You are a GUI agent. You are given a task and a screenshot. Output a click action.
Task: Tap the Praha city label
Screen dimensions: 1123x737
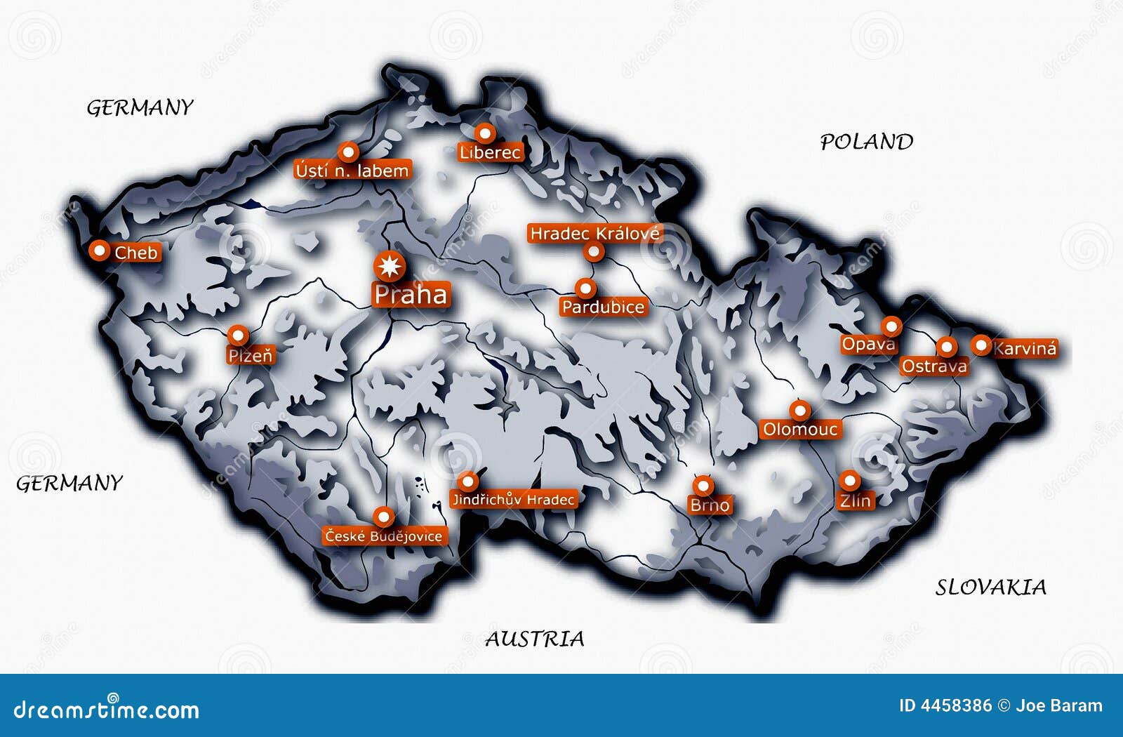click(411, 295)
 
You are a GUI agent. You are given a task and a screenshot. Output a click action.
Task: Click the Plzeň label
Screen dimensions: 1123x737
click(251, 356)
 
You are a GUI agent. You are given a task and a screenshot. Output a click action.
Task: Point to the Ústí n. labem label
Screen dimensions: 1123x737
click(352, 171)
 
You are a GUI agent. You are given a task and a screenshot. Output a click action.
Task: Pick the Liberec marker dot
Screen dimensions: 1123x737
click(484, 133)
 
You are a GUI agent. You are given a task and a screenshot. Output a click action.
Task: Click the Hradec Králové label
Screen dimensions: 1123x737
click(594, 233)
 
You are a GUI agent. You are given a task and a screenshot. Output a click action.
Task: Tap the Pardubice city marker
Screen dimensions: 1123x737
click(585, 288)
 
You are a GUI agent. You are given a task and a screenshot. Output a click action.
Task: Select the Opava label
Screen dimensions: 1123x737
click(868, 344)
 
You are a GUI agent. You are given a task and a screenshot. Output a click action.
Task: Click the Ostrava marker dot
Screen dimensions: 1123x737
click(946, 346)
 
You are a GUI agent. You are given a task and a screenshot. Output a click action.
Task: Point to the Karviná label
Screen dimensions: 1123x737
click(1025, 348)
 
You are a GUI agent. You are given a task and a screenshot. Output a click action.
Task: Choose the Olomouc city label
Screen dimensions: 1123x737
click(800, 429)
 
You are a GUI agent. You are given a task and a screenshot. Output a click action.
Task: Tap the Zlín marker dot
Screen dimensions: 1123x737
click(849, 481)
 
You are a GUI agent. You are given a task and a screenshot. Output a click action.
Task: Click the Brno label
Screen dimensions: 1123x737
click(710, 505)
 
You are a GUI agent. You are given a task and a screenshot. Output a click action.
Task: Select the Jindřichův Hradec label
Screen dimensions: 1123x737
click(513, 499)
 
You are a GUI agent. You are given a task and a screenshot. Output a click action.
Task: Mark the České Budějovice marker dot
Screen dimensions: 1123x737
click(383, 517)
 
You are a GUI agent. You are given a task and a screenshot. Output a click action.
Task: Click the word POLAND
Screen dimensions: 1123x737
click(867, 142)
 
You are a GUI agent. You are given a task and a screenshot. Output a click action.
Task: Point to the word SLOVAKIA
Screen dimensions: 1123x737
click(990, 587)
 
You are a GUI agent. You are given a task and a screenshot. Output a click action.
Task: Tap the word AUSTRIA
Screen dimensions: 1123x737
click(534, 639)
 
